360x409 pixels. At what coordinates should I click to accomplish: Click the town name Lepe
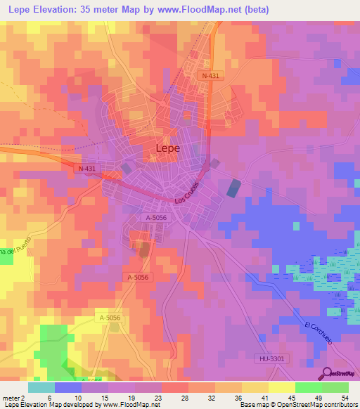(x=167, y=148)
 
